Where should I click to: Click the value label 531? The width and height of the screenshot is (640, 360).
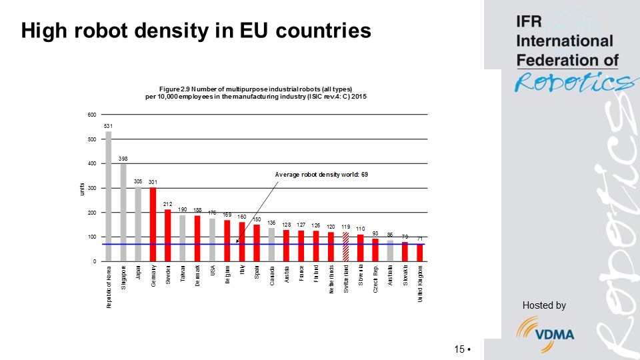pos(108,126)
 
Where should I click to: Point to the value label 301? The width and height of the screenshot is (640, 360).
pos(153,182)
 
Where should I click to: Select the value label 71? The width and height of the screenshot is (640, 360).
pos(420,238)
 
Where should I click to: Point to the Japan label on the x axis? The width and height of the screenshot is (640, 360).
pos(138,274)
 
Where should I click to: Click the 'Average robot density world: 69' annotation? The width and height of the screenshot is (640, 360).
pos(321,174)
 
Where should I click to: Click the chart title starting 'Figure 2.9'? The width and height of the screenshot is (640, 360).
pos(256,93)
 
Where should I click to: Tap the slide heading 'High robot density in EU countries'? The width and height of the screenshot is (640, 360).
pos(196,30)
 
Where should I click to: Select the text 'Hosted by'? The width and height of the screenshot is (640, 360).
pos(544,305)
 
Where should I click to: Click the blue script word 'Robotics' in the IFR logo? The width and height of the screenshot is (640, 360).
pos(572,82)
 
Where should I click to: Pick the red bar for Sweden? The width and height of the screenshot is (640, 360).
pos(167,235)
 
